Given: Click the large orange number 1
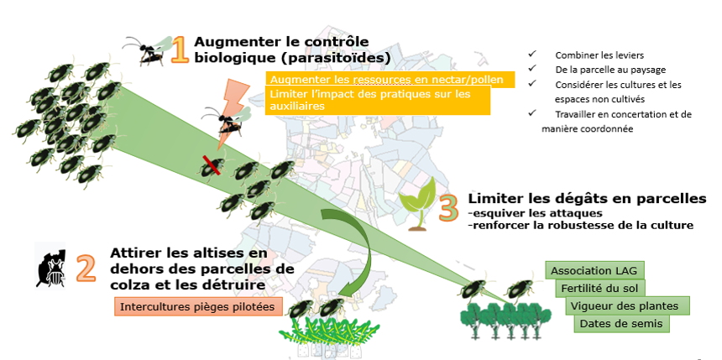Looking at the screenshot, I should click(179, 50).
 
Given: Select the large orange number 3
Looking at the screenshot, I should click(448, 205).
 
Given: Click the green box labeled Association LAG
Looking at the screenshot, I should click(595, 270).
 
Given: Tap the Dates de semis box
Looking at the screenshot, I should click(621, 323).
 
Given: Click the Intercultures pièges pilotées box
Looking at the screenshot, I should click(197, 306).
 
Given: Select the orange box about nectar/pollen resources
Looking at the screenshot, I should click(387, 79).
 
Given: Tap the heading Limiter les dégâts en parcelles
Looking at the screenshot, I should click(587, 199).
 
